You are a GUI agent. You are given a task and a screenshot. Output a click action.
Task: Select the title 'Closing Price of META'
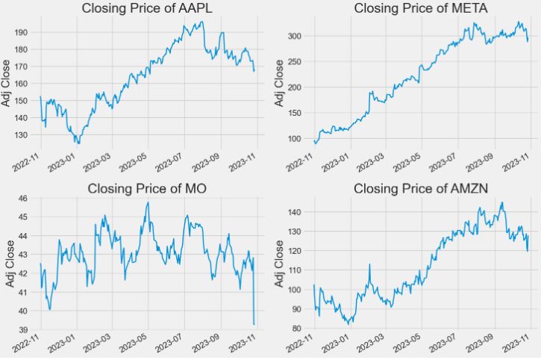tap(421, 9)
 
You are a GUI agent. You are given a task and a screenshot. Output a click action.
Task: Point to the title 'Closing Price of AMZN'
tap(421, 188)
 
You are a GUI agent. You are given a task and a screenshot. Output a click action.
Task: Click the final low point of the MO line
tap(254, 324)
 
